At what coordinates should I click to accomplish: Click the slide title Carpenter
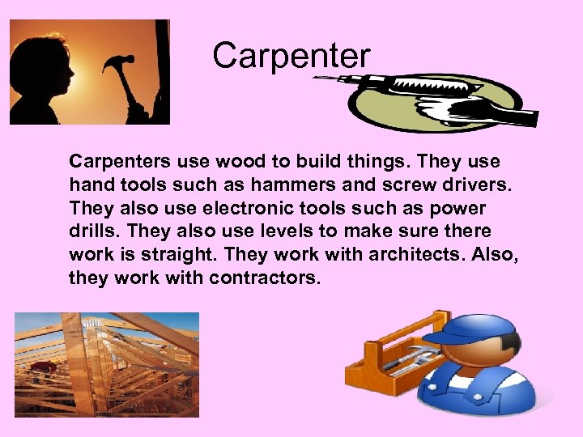click(291, 56)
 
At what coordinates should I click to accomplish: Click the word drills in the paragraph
click(92, 231)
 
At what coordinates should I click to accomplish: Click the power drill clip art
click(429, 101)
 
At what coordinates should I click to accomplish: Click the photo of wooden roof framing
click(106, 364)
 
